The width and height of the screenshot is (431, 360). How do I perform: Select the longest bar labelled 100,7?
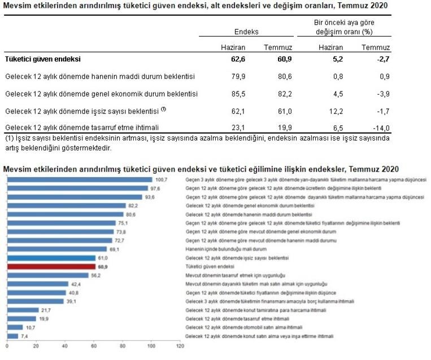coord(79,179)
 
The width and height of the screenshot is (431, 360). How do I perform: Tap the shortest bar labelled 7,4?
coord(12,336)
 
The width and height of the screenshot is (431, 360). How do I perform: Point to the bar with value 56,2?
coord(47,275)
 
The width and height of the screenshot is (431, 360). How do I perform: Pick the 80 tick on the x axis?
coord(122,345)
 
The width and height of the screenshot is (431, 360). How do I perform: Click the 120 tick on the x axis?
coord(180,345)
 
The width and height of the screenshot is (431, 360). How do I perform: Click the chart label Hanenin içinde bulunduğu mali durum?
coord(218,249)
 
